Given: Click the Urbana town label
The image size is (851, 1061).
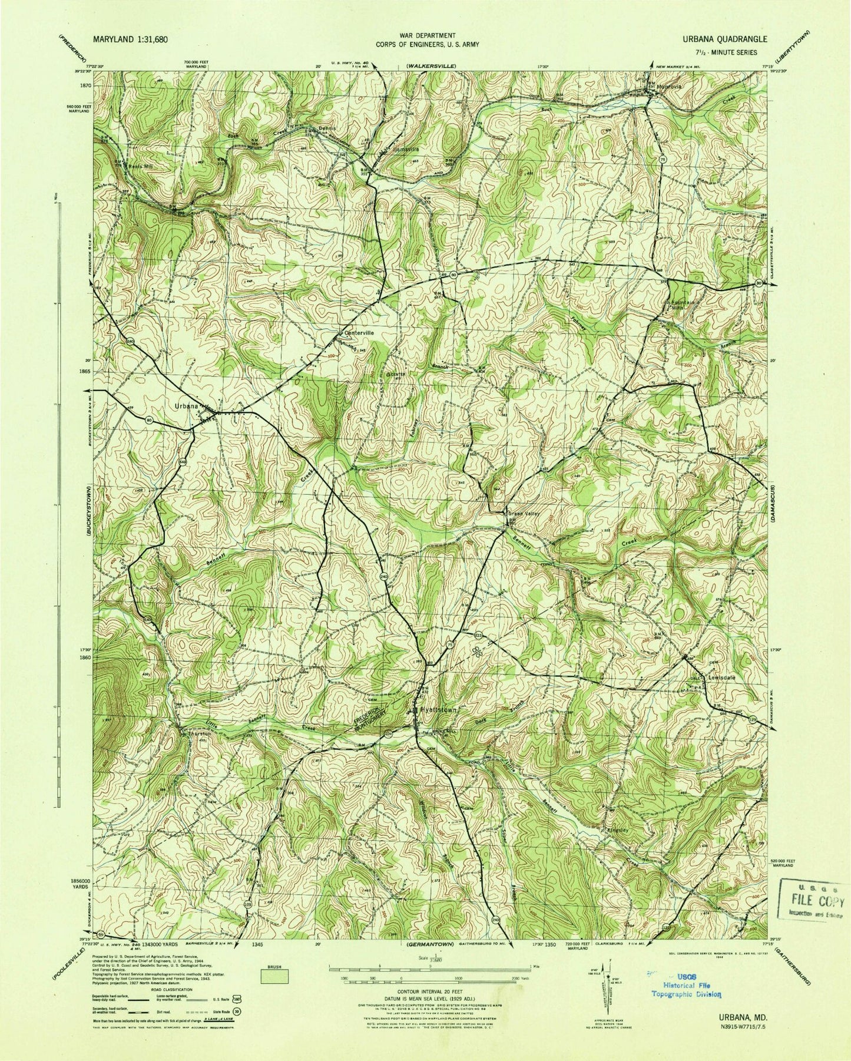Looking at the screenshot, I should [184, 406].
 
